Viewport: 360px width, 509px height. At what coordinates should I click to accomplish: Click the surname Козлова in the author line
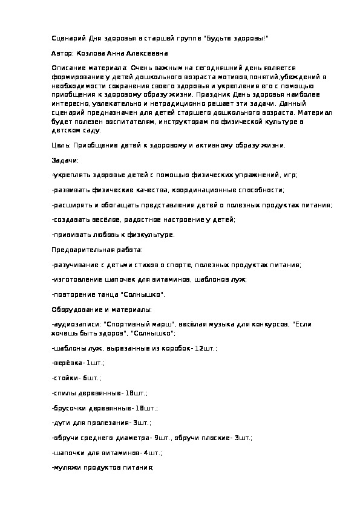[x=90, y=53]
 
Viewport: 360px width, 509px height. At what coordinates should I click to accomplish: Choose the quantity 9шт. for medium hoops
[x=164, y=438]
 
